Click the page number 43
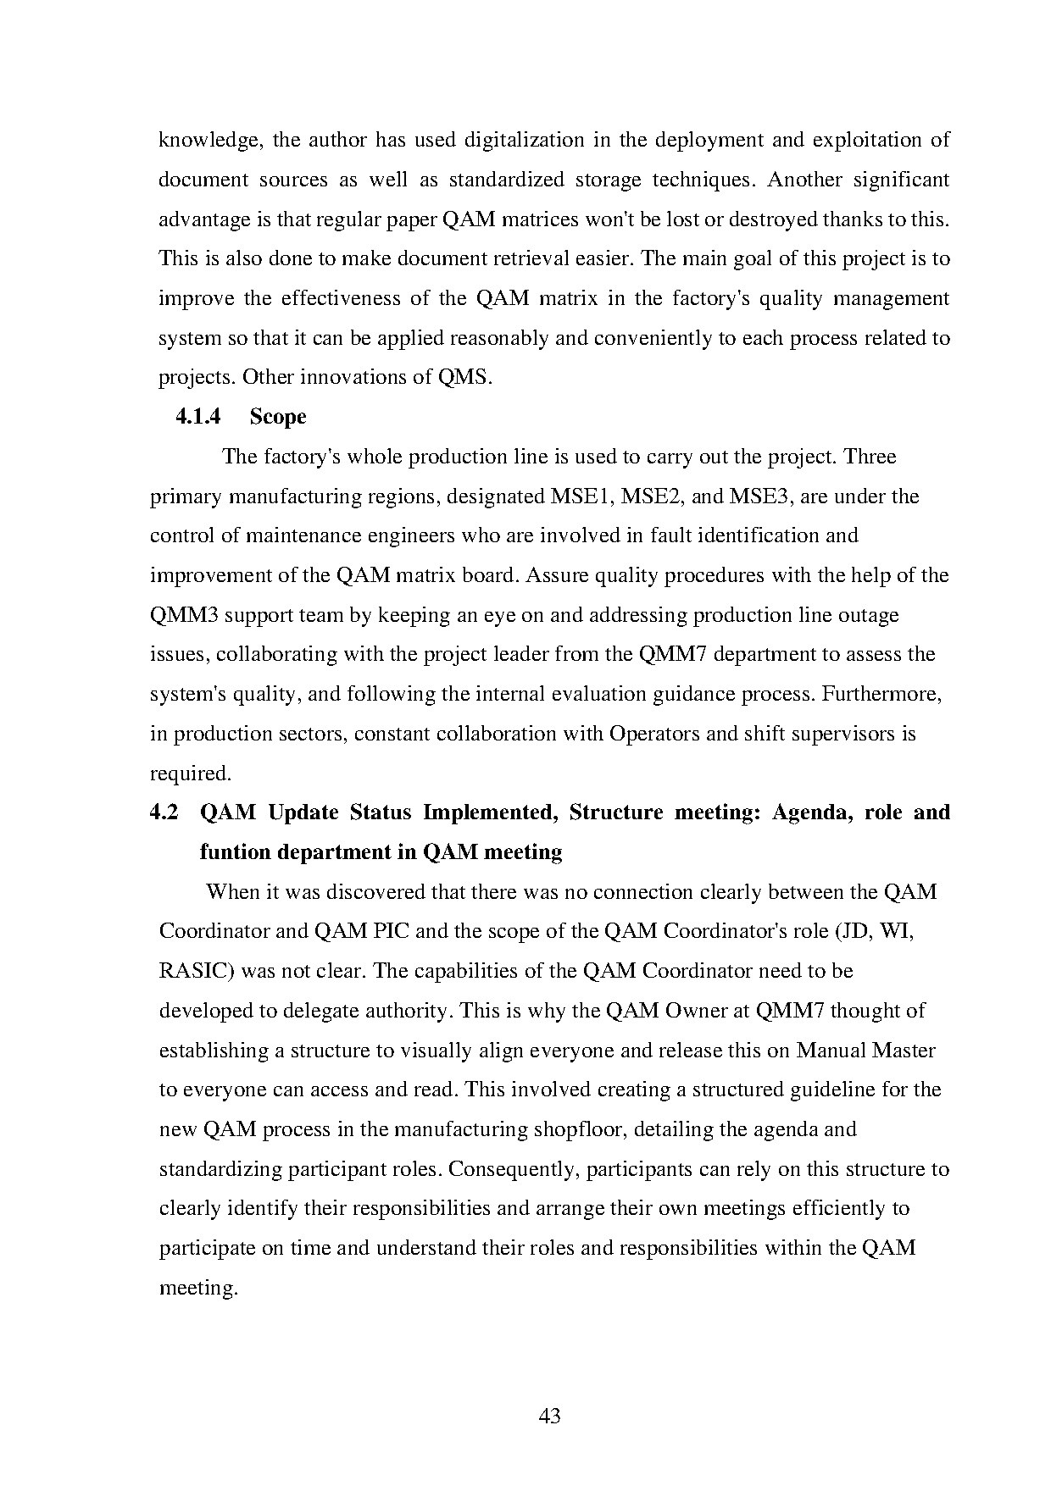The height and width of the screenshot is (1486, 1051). tap(549, 1416)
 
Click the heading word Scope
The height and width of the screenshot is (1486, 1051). tap(278, 417)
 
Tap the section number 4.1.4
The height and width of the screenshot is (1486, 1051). tap(197, 417)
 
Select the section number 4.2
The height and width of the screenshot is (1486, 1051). tap(164, 812)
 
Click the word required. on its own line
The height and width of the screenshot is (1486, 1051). tap(190, 773)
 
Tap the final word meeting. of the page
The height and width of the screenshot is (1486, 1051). tap(198, 1289)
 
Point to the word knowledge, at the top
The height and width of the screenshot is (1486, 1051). tap(209, 140)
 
